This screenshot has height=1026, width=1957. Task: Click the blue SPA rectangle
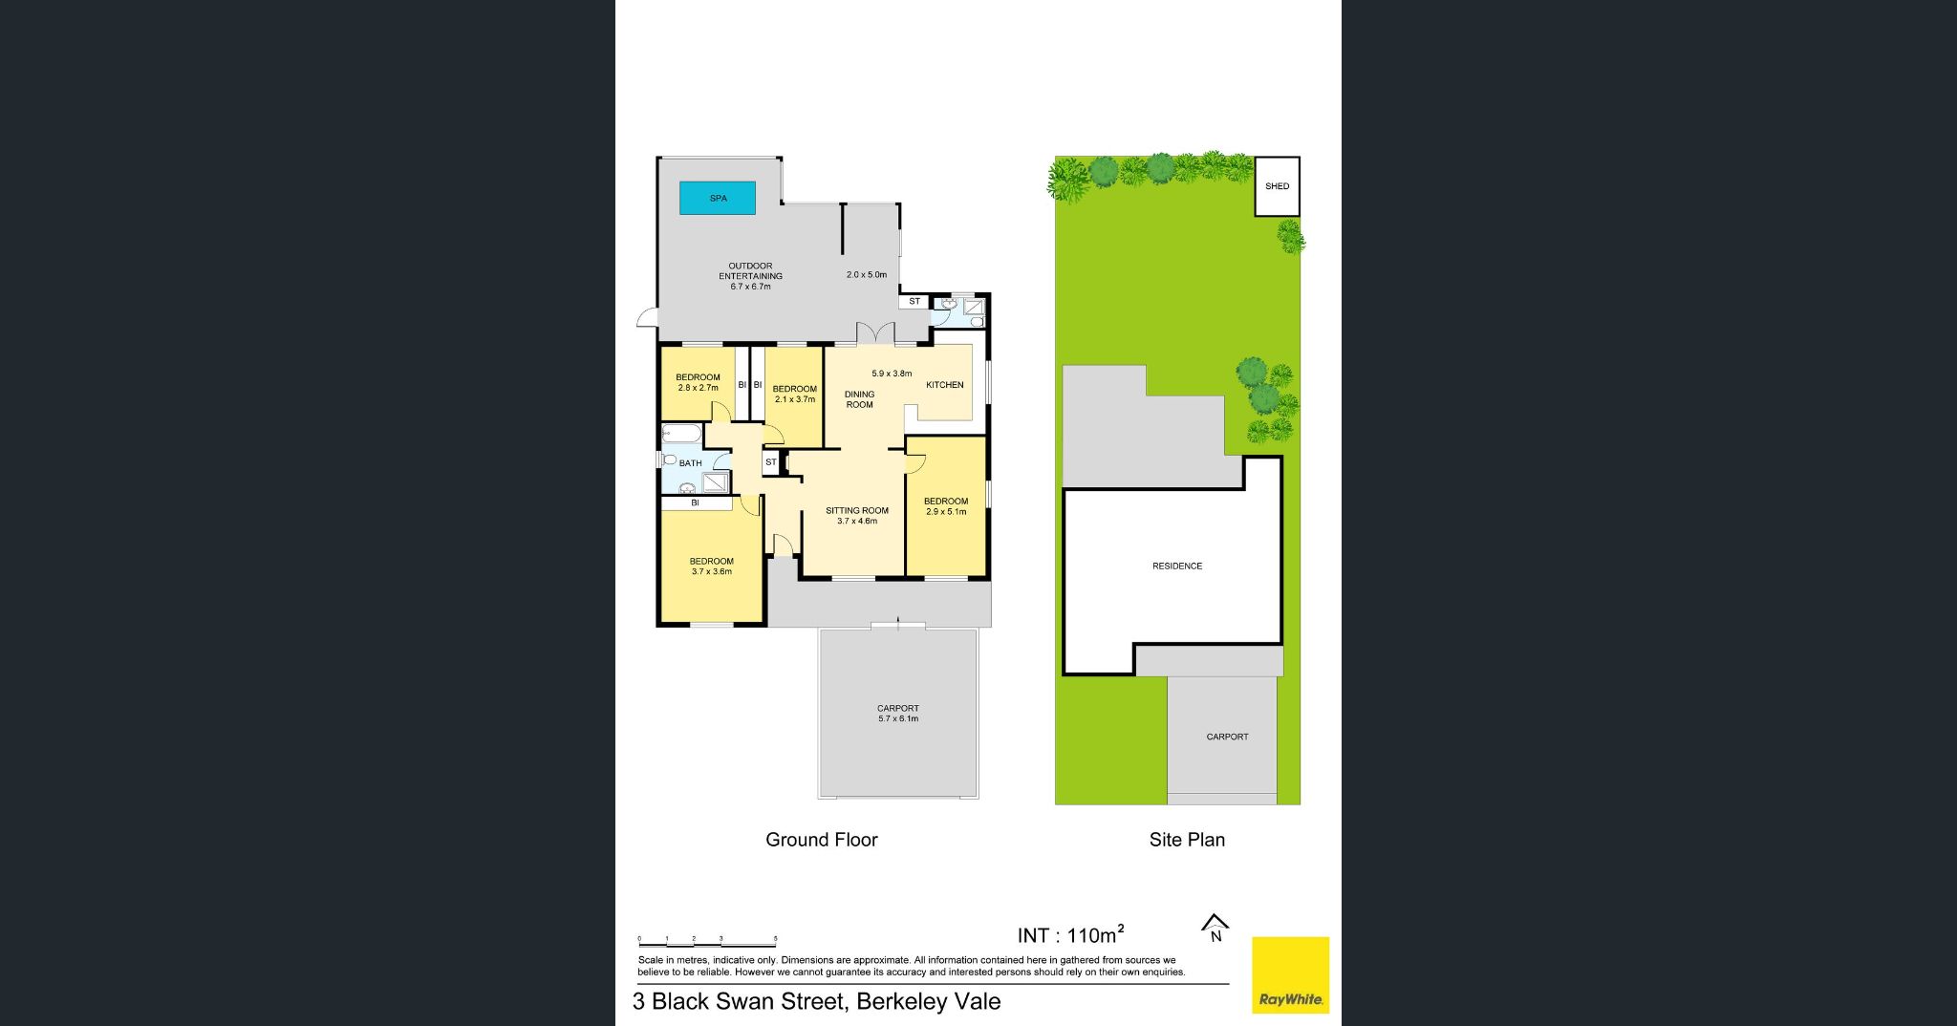point(718,198)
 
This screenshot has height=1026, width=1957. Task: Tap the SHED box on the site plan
point(1277,186)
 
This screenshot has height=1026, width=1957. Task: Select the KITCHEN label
point(944,385)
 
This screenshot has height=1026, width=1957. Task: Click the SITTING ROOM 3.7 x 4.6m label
point(857,516)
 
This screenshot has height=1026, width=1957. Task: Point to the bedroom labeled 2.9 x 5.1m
point(946,506)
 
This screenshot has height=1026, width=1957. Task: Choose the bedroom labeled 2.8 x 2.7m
point(698,382)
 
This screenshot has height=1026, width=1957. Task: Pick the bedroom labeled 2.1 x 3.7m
point(795,394)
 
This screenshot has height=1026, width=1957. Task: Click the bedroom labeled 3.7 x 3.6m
point(712,566)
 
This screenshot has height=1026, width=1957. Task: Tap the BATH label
point(690,463)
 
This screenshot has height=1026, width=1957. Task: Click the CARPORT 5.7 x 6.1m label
point(898,714)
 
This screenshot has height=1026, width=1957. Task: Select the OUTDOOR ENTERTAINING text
point(751,271)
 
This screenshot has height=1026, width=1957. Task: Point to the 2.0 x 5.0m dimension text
point(867,275)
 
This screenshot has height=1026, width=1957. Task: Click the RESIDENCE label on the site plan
point(1177,566)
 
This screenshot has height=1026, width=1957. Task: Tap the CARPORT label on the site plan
point(1227,737)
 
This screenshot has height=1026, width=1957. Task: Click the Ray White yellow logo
point(1290,974)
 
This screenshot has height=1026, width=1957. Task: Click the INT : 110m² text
point(1070,935)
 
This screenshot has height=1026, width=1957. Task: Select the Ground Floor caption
point(821,840)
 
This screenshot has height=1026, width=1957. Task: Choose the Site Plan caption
point(1187,840)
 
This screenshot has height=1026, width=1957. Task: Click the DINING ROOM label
point(859,399)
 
